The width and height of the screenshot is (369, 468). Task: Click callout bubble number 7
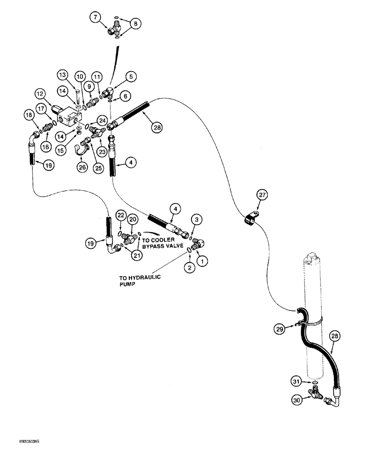point(96,18)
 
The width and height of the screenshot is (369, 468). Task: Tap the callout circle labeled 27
point(261,194)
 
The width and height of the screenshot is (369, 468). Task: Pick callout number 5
point(130,74)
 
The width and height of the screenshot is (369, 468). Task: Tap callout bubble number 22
point(120,215)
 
